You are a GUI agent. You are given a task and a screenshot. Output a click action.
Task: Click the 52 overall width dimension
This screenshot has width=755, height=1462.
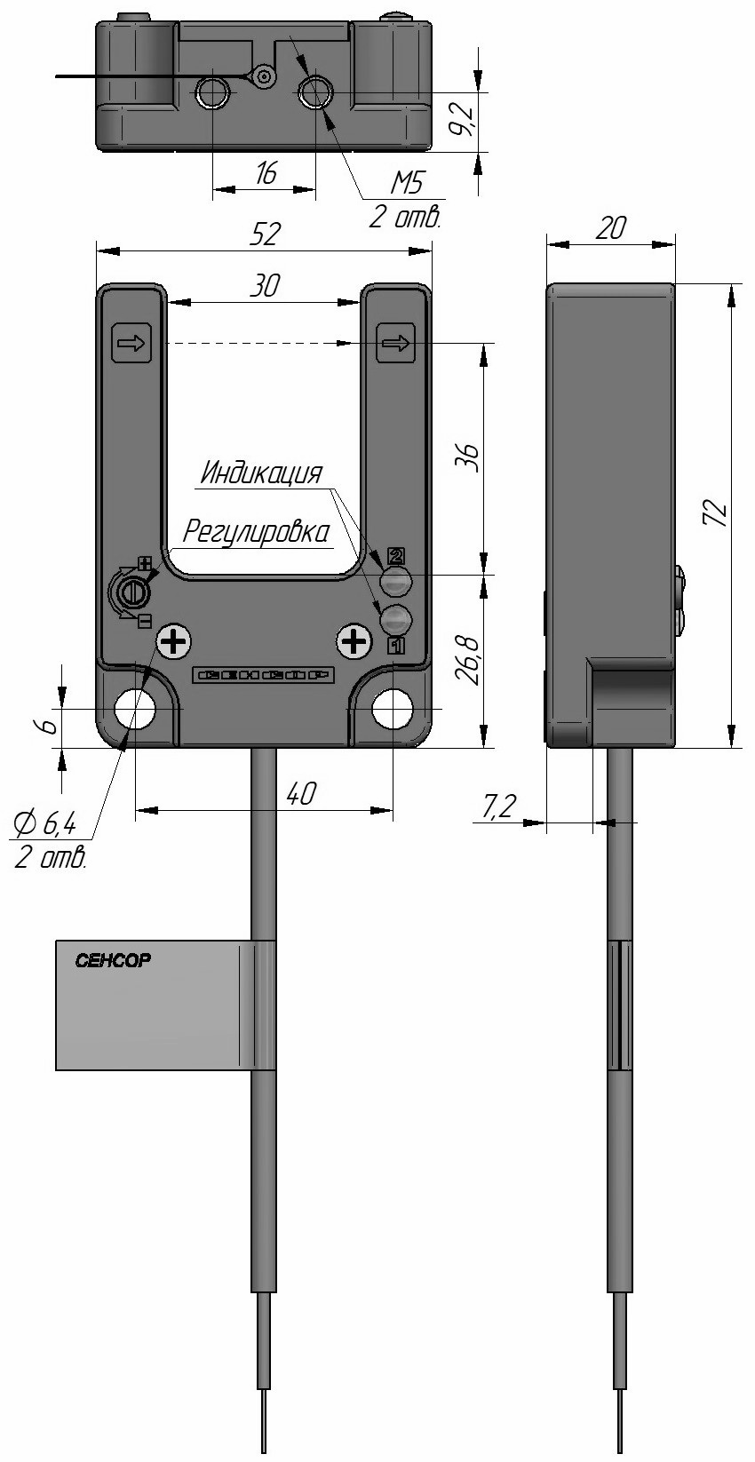pyautogui.click(x=265, y=234)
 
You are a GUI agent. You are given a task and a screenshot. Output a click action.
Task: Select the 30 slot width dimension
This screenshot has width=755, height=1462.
pyautogui.click(x=265, y=285)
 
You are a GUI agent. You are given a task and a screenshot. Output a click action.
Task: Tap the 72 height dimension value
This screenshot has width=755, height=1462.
pyautogui.click(x=717, y=514)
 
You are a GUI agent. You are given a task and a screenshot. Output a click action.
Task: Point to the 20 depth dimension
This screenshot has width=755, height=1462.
pyautogui.click(x=610, y=228)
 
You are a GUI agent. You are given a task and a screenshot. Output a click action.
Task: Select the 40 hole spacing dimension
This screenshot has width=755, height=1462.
pyautogui.click(x=300, y=793)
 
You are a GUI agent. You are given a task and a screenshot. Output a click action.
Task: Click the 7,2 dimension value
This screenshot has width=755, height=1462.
pyautogui.click(x=499, y=806)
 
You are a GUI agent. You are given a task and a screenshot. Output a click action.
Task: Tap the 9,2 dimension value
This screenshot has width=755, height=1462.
pyautogui.click(x=462, y=118)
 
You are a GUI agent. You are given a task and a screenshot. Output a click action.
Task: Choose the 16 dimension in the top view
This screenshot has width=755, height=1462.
pyautogui.click(x=265, y=173)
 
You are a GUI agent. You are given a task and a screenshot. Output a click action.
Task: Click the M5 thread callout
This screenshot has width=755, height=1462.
pyautogui.click(x=406, y=184)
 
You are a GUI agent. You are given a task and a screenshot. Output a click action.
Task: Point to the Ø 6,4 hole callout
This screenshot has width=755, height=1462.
pyautogui.click(x=44, y=825)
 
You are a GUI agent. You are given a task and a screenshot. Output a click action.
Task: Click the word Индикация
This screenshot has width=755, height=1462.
pyautogui.click(x=260, y=473)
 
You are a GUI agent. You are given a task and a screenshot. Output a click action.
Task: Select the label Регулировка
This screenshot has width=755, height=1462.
pyautogui.click(x=256, y=532)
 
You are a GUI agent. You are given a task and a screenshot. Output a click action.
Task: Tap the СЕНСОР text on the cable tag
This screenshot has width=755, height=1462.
pyautogui.click(x=114, y=961)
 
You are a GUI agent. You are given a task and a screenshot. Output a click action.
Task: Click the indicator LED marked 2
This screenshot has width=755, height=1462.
pyautogui.click(x=396, y=582)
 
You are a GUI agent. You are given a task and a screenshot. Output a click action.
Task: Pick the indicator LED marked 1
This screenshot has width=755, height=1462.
pyautogui.click(x=396, y=617)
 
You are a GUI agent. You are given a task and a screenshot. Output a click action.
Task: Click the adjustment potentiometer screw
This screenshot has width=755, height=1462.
pyautogui.click(x=133, y=591)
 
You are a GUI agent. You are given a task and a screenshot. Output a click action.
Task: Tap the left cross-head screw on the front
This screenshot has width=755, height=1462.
pyautogui.click(x=174, y=640)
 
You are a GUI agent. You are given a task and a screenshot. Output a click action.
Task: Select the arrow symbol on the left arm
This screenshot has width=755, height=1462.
pyautogui.click(x=132, y=343)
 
